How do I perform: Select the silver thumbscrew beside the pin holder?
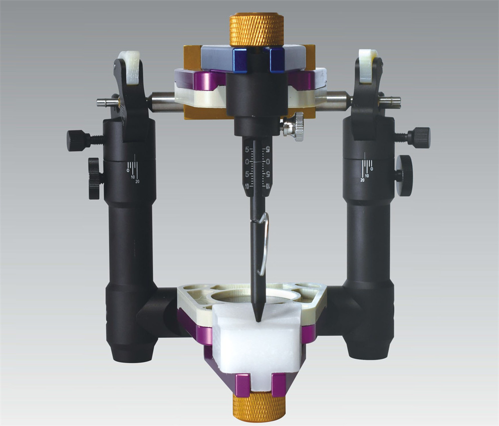tap(293, 127)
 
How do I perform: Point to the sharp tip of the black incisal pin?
tap(258, 320)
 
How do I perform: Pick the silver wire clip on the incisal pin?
tap(263, 243)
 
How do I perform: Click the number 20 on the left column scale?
tap(138, 181)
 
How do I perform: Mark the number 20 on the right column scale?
tap(362, 180)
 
